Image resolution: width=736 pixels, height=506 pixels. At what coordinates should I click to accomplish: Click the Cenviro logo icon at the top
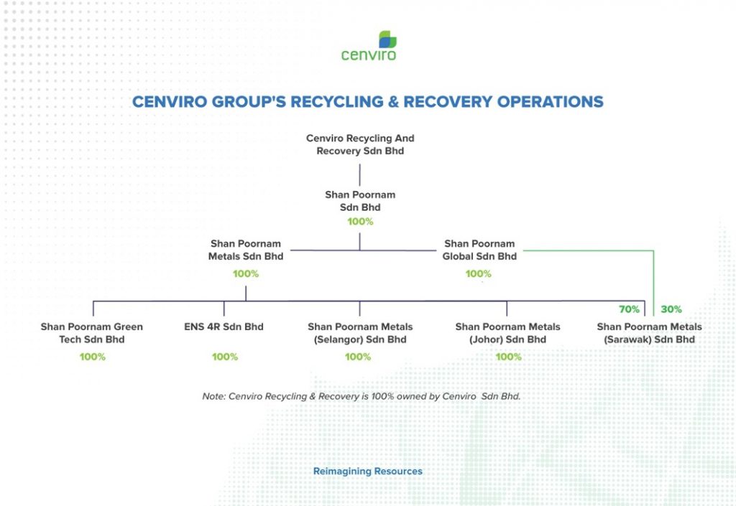coord(387,39)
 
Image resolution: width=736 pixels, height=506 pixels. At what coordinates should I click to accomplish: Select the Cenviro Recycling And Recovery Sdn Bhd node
coord(360,144)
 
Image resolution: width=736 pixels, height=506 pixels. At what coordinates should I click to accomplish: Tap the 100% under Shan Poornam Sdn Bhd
coord(360,221)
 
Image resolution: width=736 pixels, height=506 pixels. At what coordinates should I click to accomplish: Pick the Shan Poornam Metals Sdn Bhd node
coord(246,250)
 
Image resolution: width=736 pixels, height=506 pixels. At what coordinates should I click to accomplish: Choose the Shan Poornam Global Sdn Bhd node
coord(479,250)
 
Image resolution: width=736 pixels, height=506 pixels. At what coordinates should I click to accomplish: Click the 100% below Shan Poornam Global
coord(478,273)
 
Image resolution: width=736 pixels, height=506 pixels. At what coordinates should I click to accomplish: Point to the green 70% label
coord(629,309)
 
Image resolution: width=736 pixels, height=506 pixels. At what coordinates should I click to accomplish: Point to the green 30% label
coord(671,309)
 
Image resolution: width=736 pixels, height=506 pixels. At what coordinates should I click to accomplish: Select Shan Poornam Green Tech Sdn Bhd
coord(91,332)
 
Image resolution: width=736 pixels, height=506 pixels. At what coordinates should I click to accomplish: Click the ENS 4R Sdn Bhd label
coord(224,327)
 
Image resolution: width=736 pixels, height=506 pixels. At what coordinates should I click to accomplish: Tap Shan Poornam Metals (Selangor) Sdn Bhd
coord(360,332)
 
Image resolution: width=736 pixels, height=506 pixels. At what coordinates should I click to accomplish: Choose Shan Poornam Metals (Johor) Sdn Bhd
coord(507,332)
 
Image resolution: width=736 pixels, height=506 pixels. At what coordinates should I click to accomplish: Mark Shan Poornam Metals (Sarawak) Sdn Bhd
coord(649,332)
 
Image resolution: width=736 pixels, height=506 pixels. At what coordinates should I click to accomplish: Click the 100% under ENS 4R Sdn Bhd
coord(225,357)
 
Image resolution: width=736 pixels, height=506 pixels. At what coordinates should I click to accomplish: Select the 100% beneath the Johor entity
coord(508,357)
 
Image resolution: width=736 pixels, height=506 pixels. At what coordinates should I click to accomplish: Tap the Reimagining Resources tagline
coord(367,472)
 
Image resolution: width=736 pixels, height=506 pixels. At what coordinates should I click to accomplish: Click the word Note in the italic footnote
coord(214,396)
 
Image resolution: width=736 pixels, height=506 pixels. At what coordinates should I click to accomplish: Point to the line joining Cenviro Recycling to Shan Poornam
coord(360,174)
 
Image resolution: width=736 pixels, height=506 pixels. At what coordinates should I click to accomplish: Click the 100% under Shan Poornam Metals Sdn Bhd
coord(246,273)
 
